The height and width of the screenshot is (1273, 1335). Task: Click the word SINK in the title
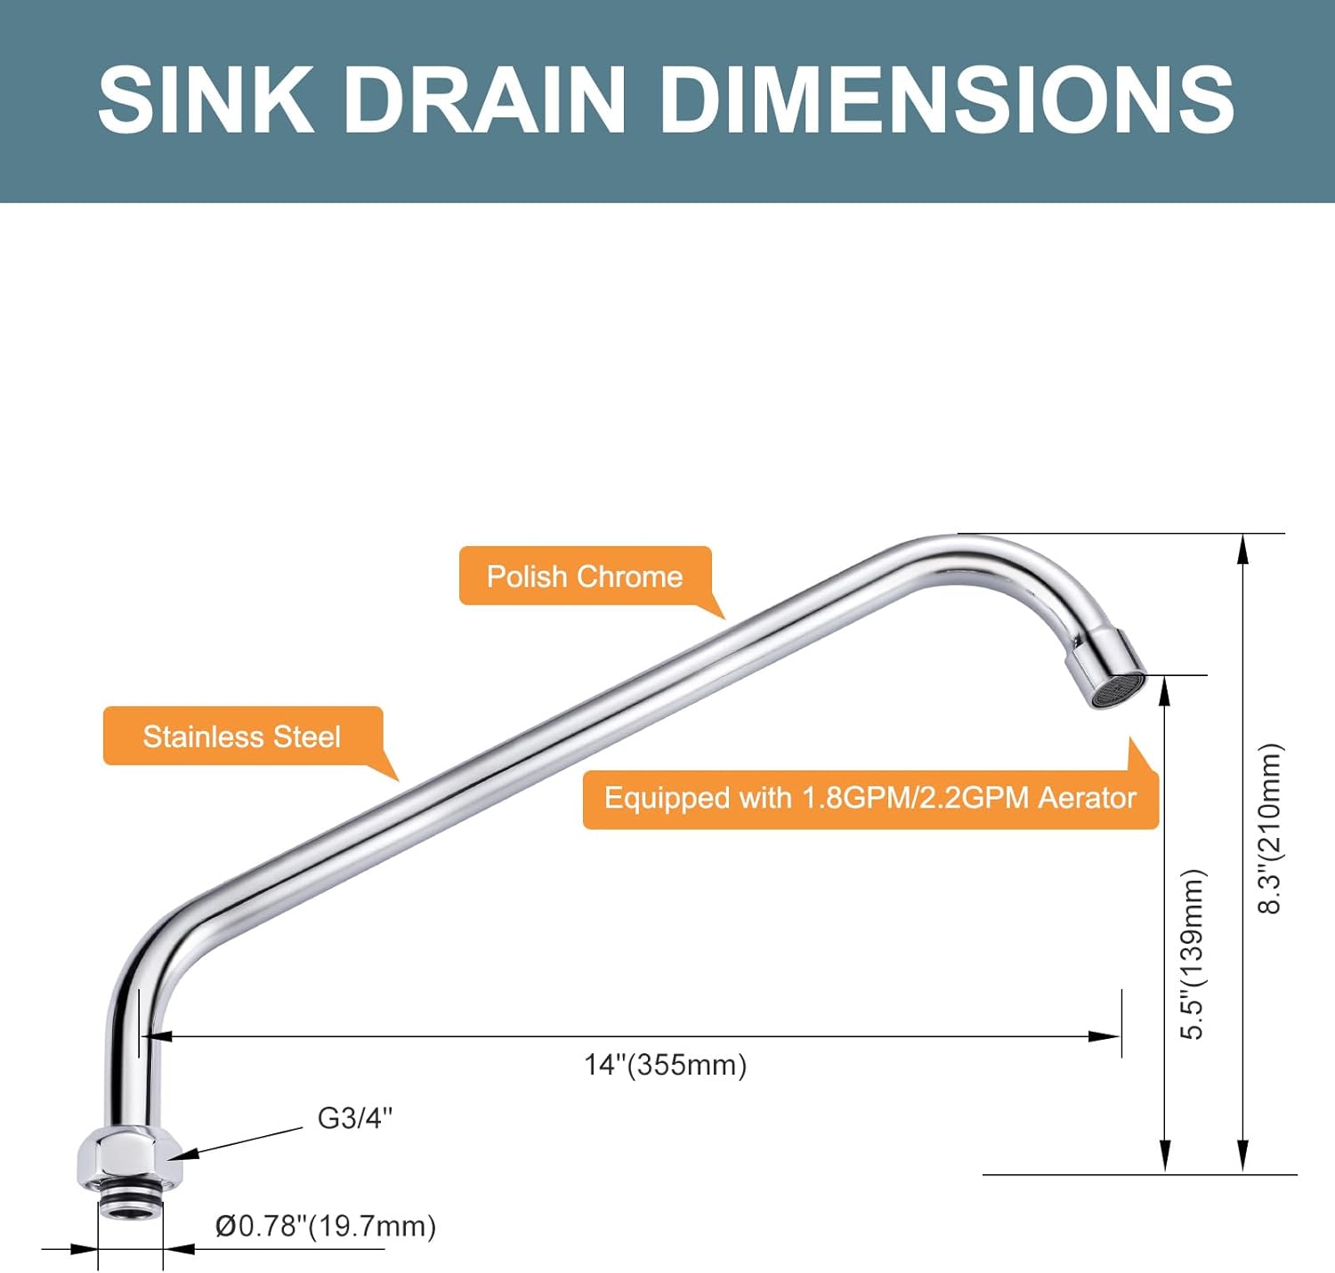click(x=206, y=100)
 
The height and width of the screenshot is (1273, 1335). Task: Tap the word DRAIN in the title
click(x=485, y=100)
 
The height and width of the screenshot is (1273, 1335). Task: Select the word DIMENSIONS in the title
click(x=946, y=100)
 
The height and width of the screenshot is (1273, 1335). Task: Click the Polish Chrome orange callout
click(x=585, y=576)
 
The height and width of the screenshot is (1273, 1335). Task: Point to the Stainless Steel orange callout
click(x=242, y=737)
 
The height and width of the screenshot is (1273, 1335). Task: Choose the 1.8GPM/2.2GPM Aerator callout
click(x=870, y=798)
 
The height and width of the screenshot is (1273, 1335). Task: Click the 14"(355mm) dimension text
click(x=665, y=1065)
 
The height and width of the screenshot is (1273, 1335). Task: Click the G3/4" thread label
click(x=354, y=1118)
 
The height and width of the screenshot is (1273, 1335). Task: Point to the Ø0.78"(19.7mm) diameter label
click(x=326, y=1226)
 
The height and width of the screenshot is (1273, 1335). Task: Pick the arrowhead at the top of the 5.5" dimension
click(x=1165, y=689)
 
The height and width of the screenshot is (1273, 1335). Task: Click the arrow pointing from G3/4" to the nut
click(x=236, y=1144)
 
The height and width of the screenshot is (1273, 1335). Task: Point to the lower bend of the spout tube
click(x=147, y=947)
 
